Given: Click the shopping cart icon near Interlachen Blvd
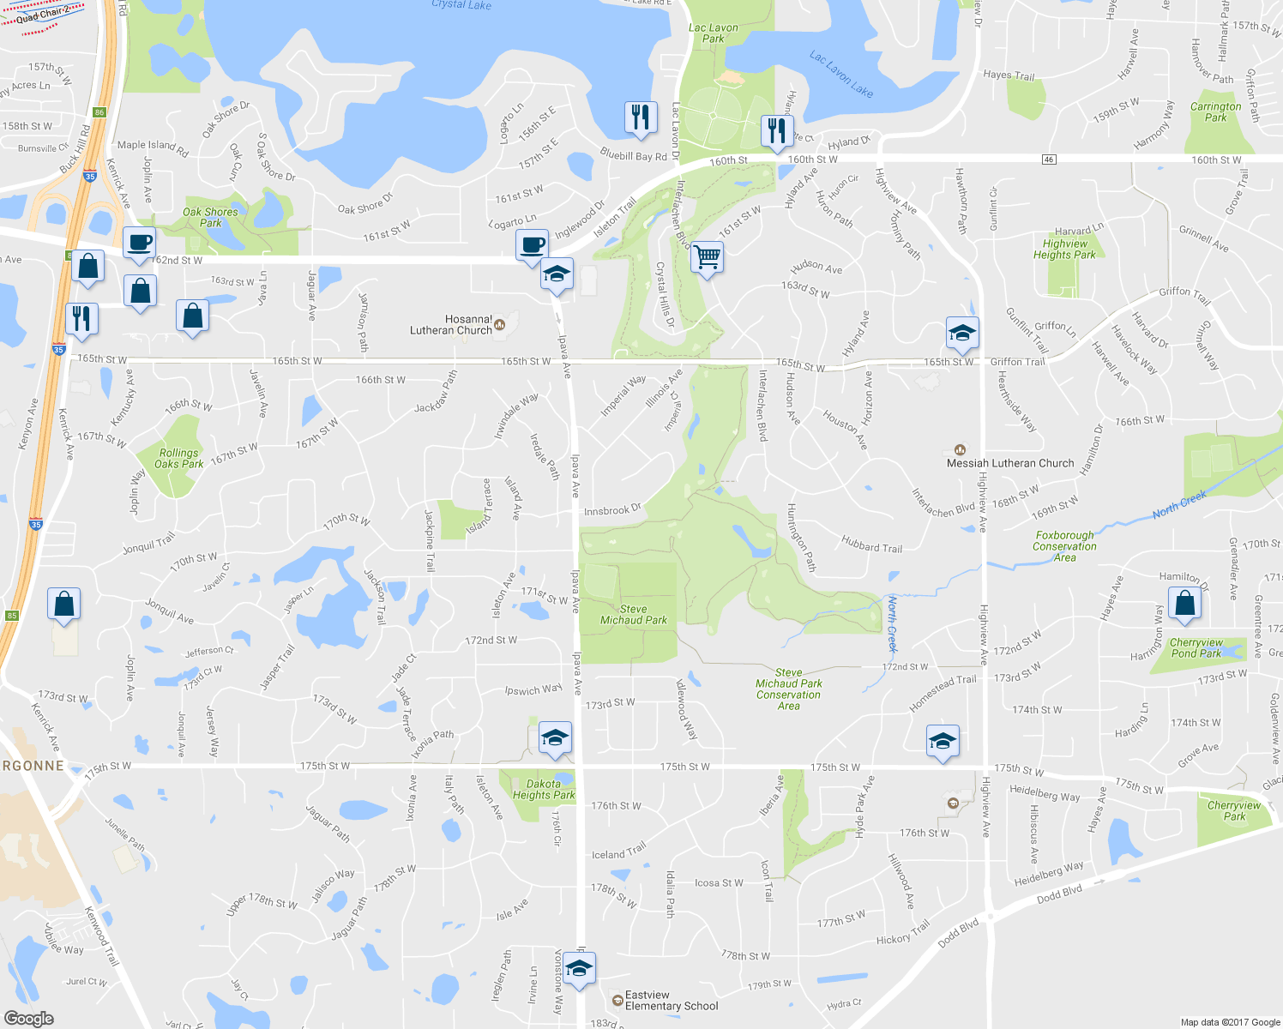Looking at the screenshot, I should coord(707,256).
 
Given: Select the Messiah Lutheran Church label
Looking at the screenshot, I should coord(1010,463).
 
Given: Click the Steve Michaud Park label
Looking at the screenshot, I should coord(633,615).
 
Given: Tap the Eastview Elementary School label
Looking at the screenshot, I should coord(672,1001).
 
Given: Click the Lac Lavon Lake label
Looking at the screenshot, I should coord(841,74).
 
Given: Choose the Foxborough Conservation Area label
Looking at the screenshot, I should coord(1064,546).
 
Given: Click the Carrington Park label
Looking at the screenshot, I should coord(1215,112).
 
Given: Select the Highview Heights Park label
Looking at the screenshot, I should coord(1064,250).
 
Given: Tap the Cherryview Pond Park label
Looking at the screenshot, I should coord(1196,648).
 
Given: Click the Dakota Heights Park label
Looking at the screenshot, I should coord(544,790).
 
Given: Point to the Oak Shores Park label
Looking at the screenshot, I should coord(210,217).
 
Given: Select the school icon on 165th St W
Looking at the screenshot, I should coord(962,332).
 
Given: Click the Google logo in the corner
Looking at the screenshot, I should coord(29,1019).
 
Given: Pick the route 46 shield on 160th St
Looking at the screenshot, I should coord(1049,159).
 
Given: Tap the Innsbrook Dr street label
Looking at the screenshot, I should coord(612,510).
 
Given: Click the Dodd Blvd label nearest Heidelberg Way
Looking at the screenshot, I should coord(1059,894).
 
